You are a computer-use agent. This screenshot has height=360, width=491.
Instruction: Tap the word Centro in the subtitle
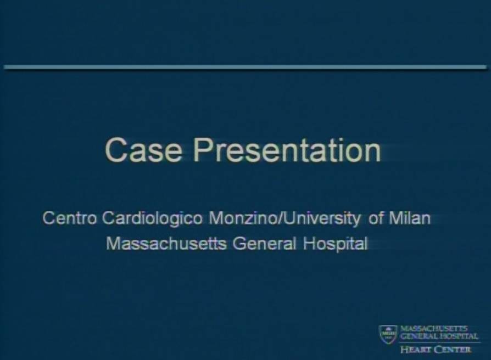[70, 218]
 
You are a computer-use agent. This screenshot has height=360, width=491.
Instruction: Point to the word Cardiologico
[153, 219]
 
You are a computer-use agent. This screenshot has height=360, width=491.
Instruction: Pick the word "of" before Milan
[376, 218]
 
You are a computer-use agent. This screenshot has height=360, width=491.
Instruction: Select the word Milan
[410, 218]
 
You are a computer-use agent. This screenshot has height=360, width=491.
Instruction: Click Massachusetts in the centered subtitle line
[166, 244]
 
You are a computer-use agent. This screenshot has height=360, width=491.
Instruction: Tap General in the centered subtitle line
[264, 244]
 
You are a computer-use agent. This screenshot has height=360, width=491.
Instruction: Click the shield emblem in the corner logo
[388, 334]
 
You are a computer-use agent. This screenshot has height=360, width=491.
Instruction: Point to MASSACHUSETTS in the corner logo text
[434, 328]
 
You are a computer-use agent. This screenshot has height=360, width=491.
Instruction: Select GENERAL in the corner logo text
[419, 336]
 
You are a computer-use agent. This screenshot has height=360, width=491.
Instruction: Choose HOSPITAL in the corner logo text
[459, 336]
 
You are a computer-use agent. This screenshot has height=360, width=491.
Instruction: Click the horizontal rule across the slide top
[245, 67]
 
